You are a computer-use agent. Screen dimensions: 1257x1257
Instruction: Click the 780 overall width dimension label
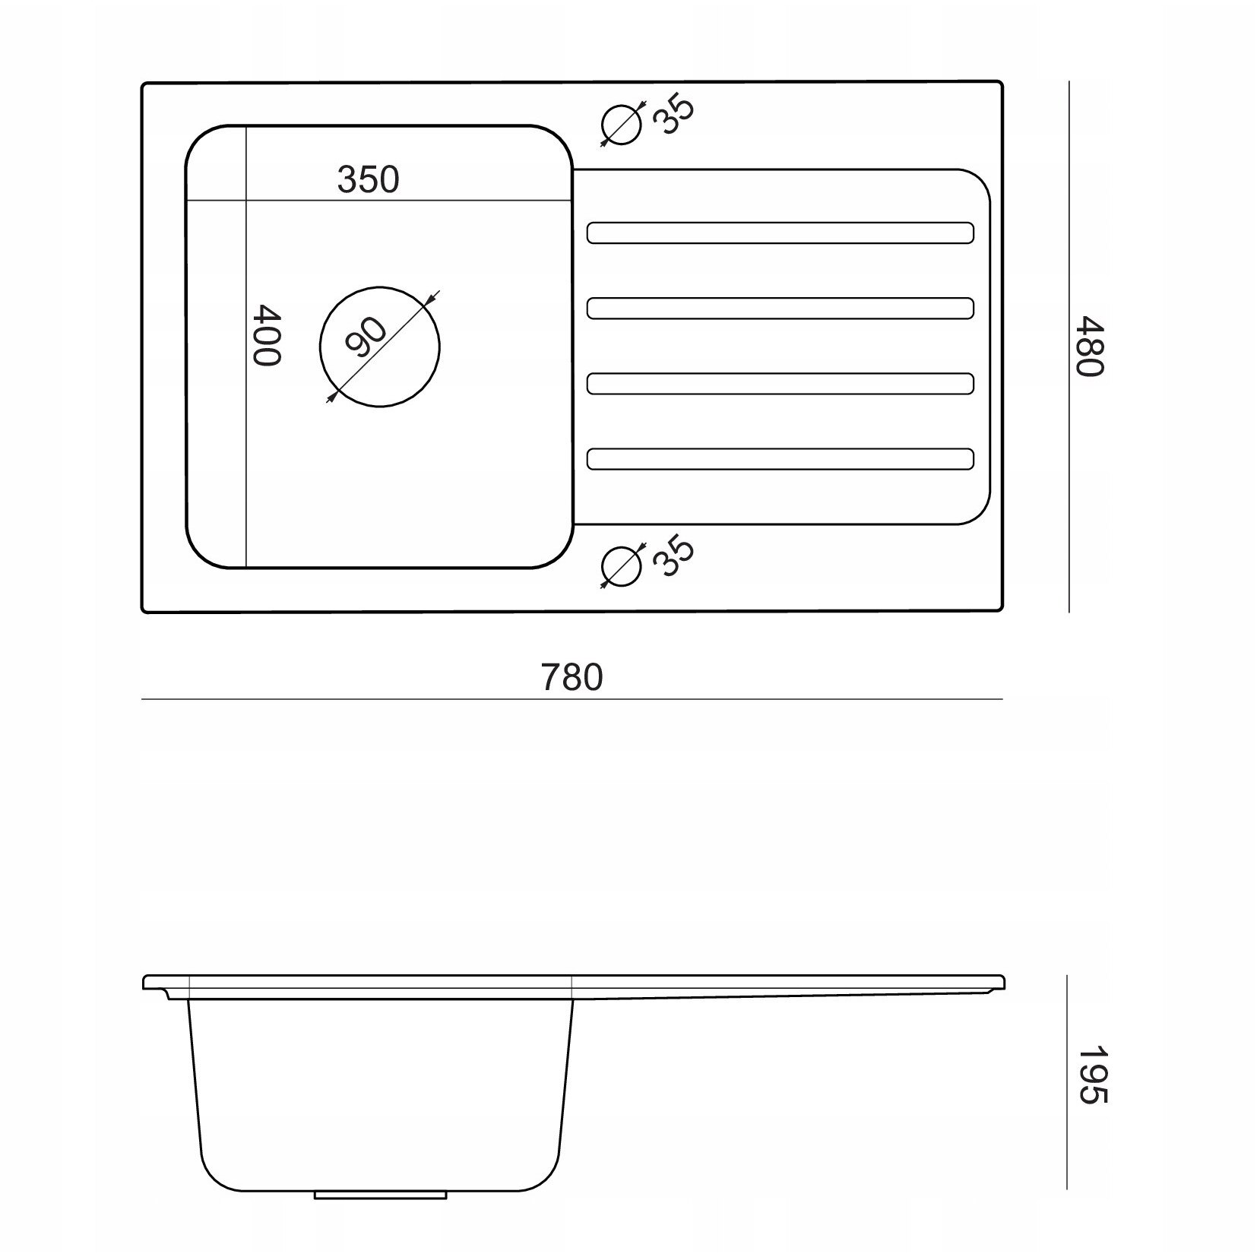(572, 676)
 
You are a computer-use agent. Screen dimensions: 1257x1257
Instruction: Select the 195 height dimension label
(1093, 1076)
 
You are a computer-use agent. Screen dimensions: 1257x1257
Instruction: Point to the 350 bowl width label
(368, 179)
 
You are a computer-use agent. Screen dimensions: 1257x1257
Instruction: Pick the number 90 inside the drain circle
(366, 337)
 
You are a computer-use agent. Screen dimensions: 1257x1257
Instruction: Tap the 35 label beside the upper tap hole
(673, 116)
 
